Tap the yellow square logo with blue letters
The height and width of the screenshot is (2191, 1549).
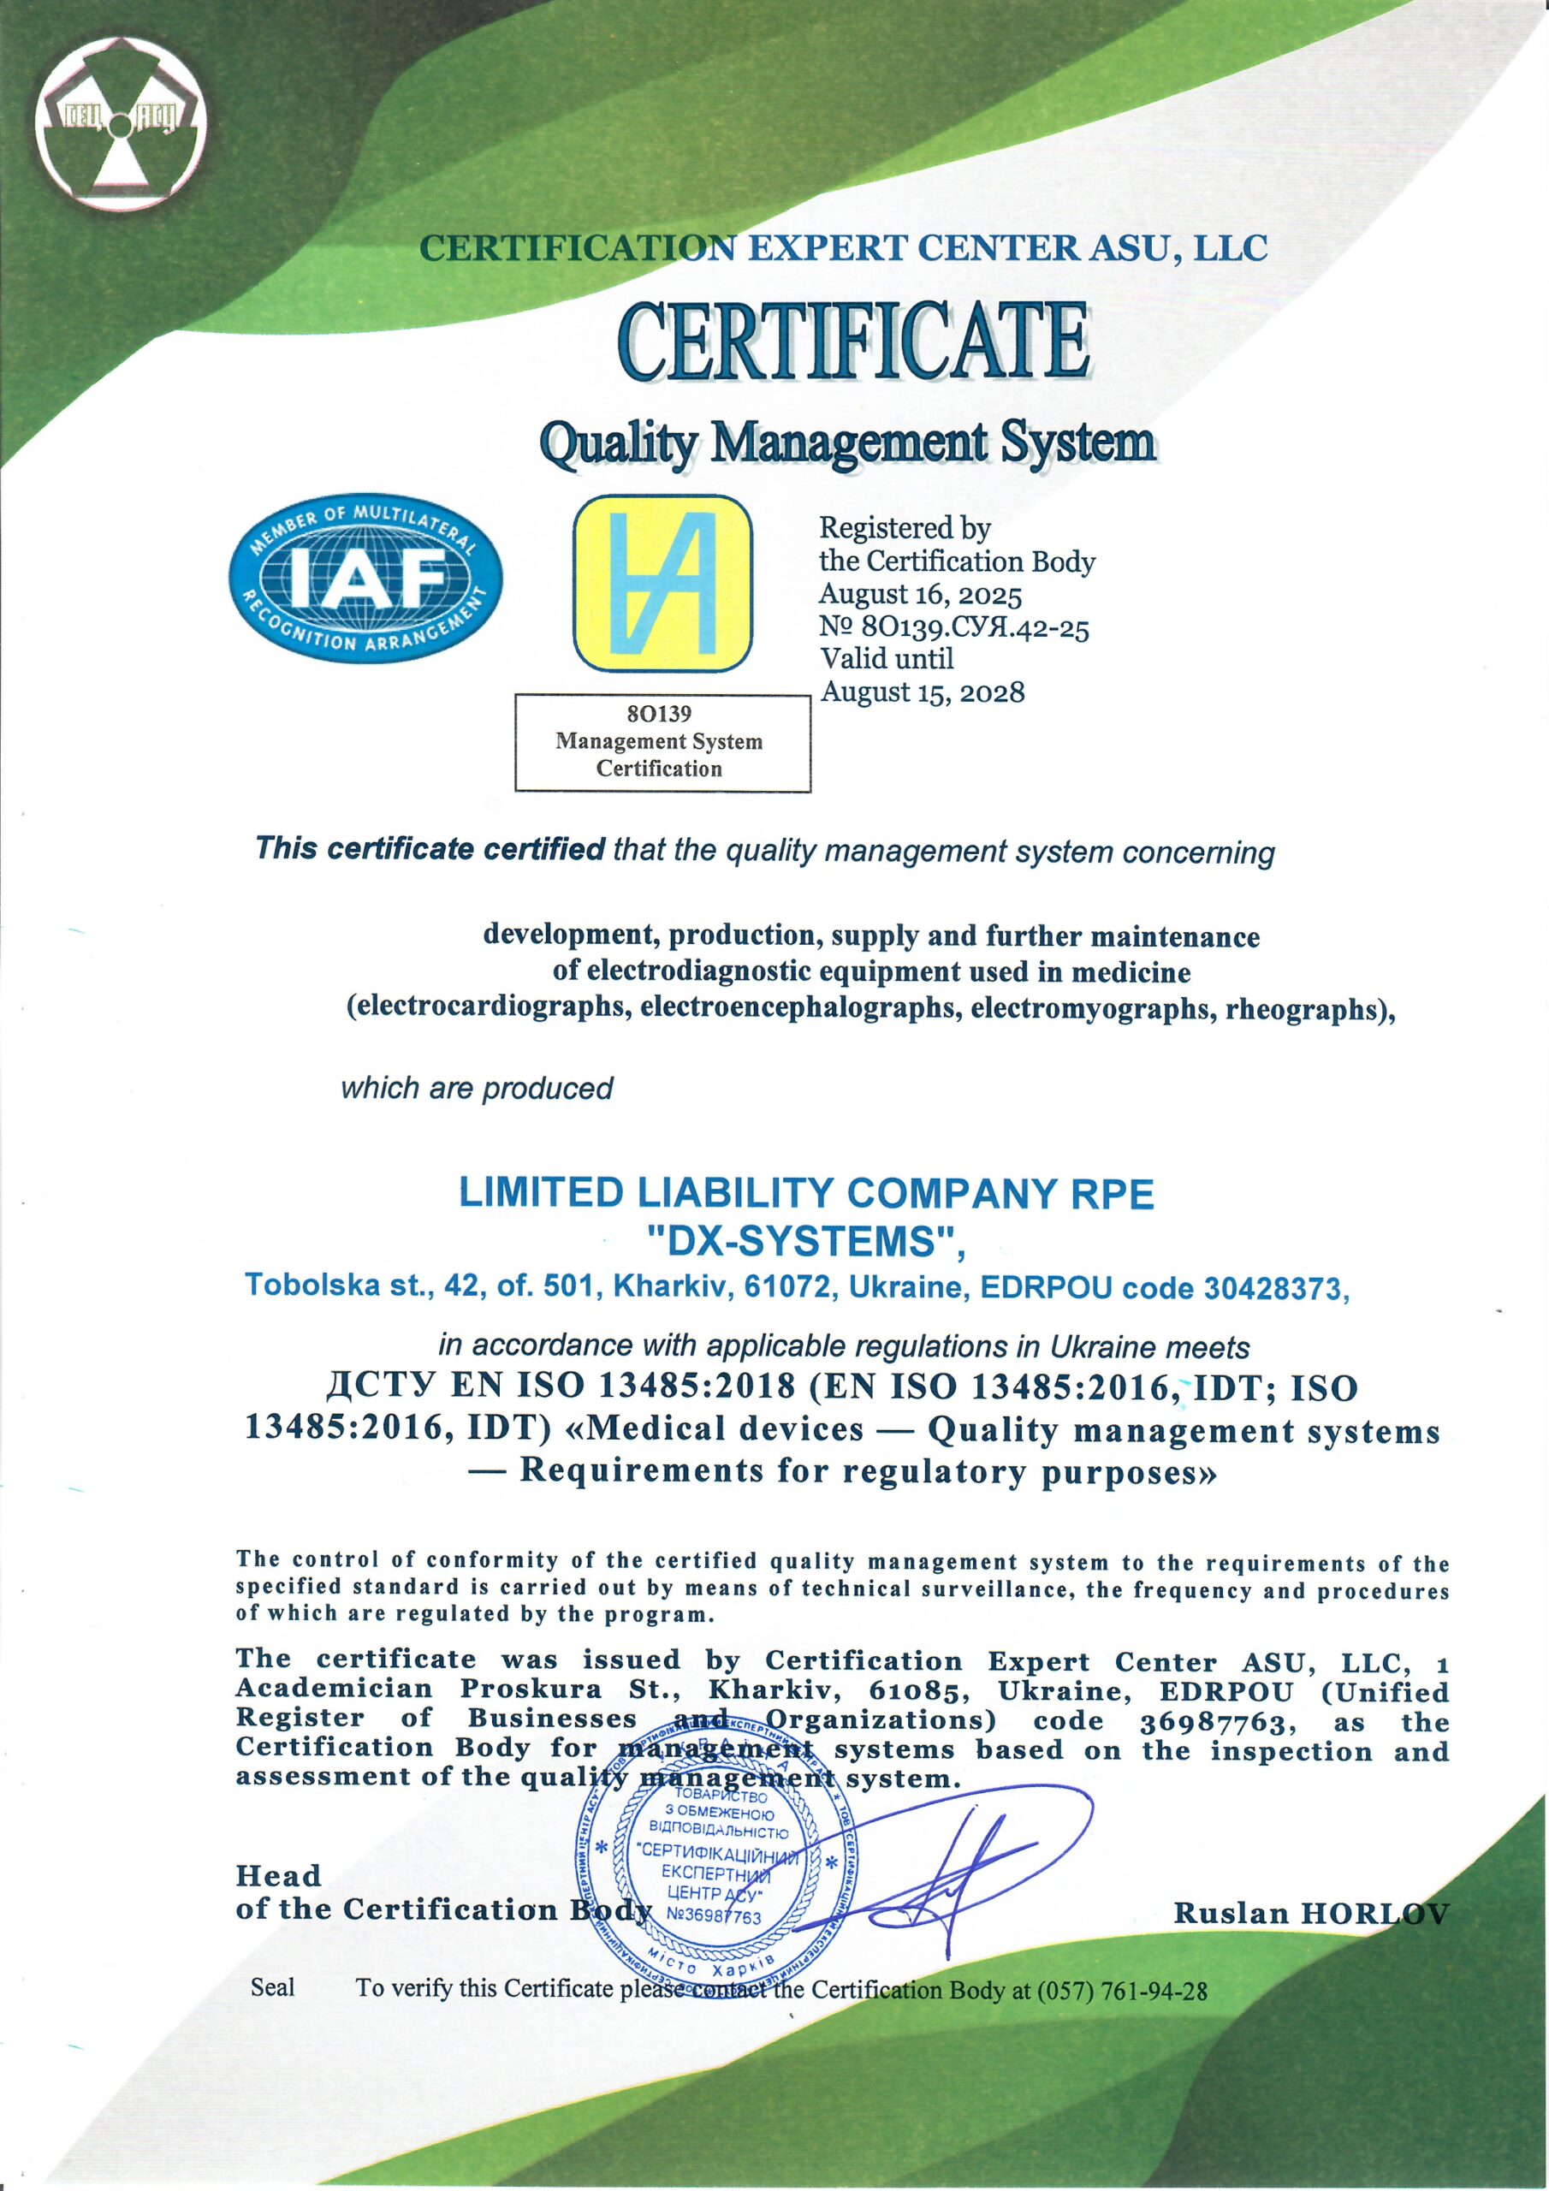pyautogui.click(x=662, y=588)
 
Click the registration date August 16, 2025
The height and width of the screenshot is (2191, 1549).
pyautogui.click(x=920, y=596)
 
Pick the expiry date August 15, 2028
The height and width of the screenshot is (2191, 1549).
pyautogui.click(x=922, y=691)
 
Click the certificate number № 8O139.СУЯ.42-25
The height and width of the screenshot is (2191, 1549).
pyautogui.click(x=953, y=628)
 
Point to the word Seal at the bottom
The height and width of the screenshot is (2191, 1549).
pyautogui.click(x=272, y=1991)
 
